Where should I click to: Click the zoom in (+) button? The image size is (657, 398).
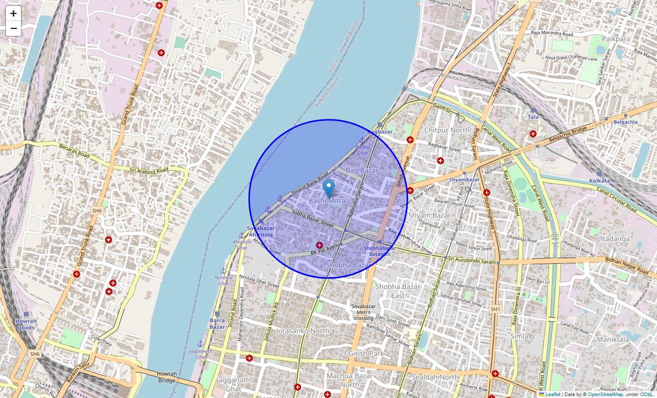click(x=13, y=14)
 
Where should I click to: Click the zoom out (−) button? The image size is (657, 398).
click(x=13, y=29)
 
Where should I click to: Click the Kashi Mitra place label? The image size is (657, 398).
click(x=327, y=200)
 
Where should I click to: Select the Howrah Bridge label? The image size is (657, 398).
click(x=167, y=377)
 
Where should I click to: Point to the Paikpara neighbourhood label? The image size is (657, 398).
click(x=616, y=39)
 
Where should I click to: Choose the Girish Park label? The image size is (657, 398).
click(x=366, y=354)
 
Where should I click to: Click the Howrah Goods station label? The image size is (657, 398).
click(x=25, y=324)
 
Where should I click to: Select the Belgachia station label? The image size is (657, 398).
click(x=626, y=122)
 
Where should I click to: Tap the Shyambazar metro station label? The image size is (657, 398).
click(x=464, y=180)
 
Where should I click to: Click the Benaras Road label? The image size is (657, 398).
click(x=74, y=151)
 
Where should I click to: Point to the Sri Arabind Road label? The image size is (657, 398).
click(x=149, y=170)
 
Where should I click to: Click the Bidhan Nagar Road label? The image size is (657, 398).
click(x=627, y=266)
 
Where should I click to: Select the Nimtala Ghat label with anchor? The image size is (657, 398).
click(x=223, y=280)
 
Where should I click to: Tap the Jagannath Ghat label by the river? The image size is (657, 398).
click(x=201, y=354)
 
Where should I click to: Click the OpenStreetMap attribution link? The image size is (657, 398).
click(x=605, y=395)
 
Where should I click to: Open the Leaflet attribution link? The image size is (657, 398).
click(x=552, y=395)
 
